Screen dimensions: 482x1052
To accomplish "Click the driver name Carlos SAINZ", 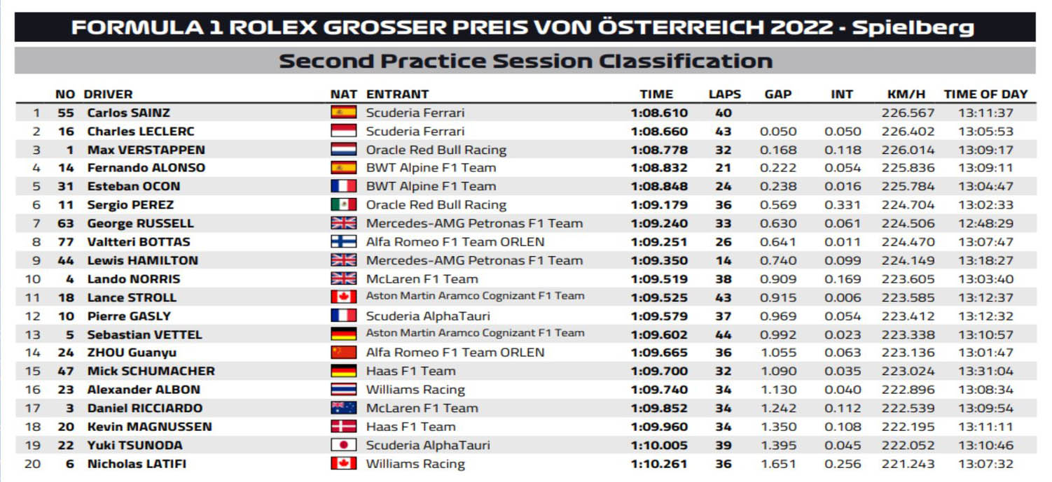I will pos(128,113).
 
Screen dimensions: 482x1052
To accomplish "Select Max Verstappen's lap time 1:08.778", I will pos(659,150).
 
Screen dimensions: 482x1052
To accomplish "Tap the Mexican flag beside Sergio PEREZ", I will pos(343,205).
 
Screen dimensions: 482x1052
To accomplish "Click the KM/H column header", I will pos(906,94).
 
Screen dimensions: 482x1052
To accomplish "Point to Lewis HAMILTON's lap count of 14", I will pos(723,260).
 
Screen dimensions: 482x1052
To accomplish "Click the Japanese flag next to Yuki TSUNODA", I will pos(343,445).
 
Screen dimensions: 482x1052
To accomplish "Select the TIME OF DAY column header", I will pos(985,94).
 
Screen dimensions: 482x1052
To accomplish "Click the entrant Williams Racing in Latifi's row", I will pos(415,464).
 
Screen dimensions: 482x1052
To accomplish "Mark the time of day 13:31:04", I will pos(986,371).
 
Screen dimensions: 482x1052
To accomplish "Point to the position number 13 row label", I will pos(33,334).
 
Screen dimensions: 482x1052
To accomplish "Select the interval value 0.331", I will pos(842,205).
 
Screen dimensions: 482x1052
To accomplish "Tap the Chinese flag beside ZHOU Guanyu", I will pos(343,353).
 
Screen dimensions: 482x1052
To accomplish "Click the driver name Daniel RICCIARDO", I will pos(145,409).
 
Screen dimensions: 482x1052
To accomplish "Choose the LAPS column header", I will pos(724,94).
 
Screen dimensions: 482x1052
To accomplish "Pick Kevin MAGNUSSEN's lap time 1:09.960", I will pos(659,427).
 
